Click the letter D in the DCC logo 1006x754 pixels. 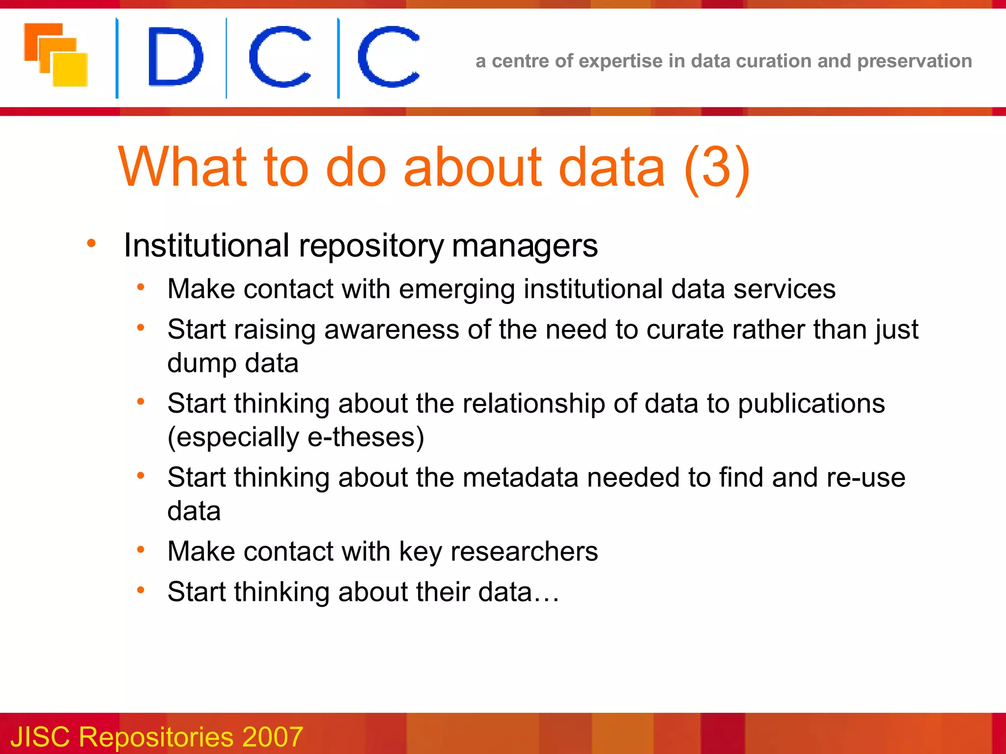[x=175, y=56]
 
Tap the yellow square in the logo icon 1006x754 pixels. [x=70, y=69]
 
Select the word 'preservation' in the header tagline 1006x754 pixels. [x=914, y=61]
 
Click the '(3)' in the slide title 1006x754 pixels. [x=717, y=167]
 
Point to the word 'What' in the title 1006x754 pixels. [x=182, y=167]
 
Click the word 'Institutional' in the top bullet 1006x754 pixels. [x=206, y=245]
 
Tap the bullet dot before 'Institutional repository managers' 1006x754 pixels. [x=91, y=243]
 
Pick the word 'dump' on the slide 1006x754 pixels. [x=201, y=364]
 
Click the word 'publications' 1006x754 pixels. [x=811, y=404]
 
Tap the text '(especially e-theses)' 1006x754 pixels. [x=295, y=437]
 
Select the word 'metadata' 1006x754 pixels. [x=520, y=478]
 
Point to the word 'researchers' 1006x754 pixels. [x=524, y=551]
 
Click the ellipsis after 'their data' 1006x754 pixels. [x=547, y=592]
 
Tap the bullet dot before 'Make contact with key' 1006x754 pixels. [x=141, y=549]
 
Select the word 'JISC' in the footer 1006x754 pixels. [x=40, y=737]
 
